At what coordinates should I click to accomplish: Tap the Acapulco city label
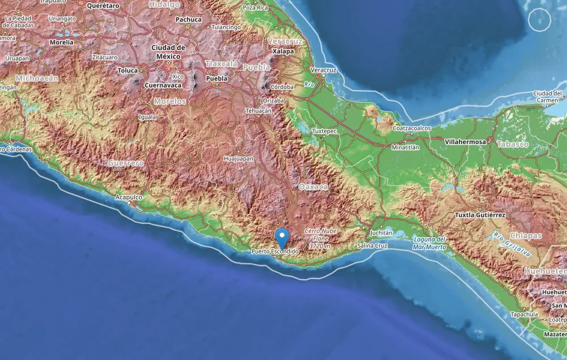[x=129, y=197]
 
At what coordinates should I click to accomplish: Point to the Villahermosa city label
[x=466, y=141]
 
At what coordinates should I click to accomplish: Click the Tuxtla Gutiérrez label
[x=480, y=215]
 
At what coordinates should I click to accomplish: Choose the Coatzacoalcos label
[x=412, y=128]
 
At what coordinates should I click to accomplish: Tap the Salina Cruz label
[x=373, y=246]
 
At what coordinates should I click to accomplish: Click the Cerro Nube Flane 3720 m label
[x=320, y=239]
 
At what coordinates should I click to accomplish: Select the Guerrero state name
[x=126, y=163]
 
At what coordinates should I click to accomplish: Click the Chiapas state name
[x=526, y=235]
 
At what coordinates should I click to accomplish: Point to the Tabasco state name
[x=512, y=144]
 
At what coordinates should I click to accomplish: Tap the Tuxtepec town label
[x=324, y=130]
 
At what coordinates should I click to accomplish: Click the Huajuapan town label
[x=239, y=159]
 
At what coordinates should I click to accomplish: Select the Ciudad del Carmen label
[x=548, y=96]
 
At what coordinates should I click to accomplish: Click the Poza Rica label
[x=255, y=8]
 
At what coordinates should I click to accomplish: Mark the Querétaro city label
[x=103, y=5]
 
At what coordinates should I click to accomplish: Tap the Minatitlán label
[x=405, y=147]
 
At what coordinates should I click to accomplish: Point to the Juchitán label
[x=381, y=233]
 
